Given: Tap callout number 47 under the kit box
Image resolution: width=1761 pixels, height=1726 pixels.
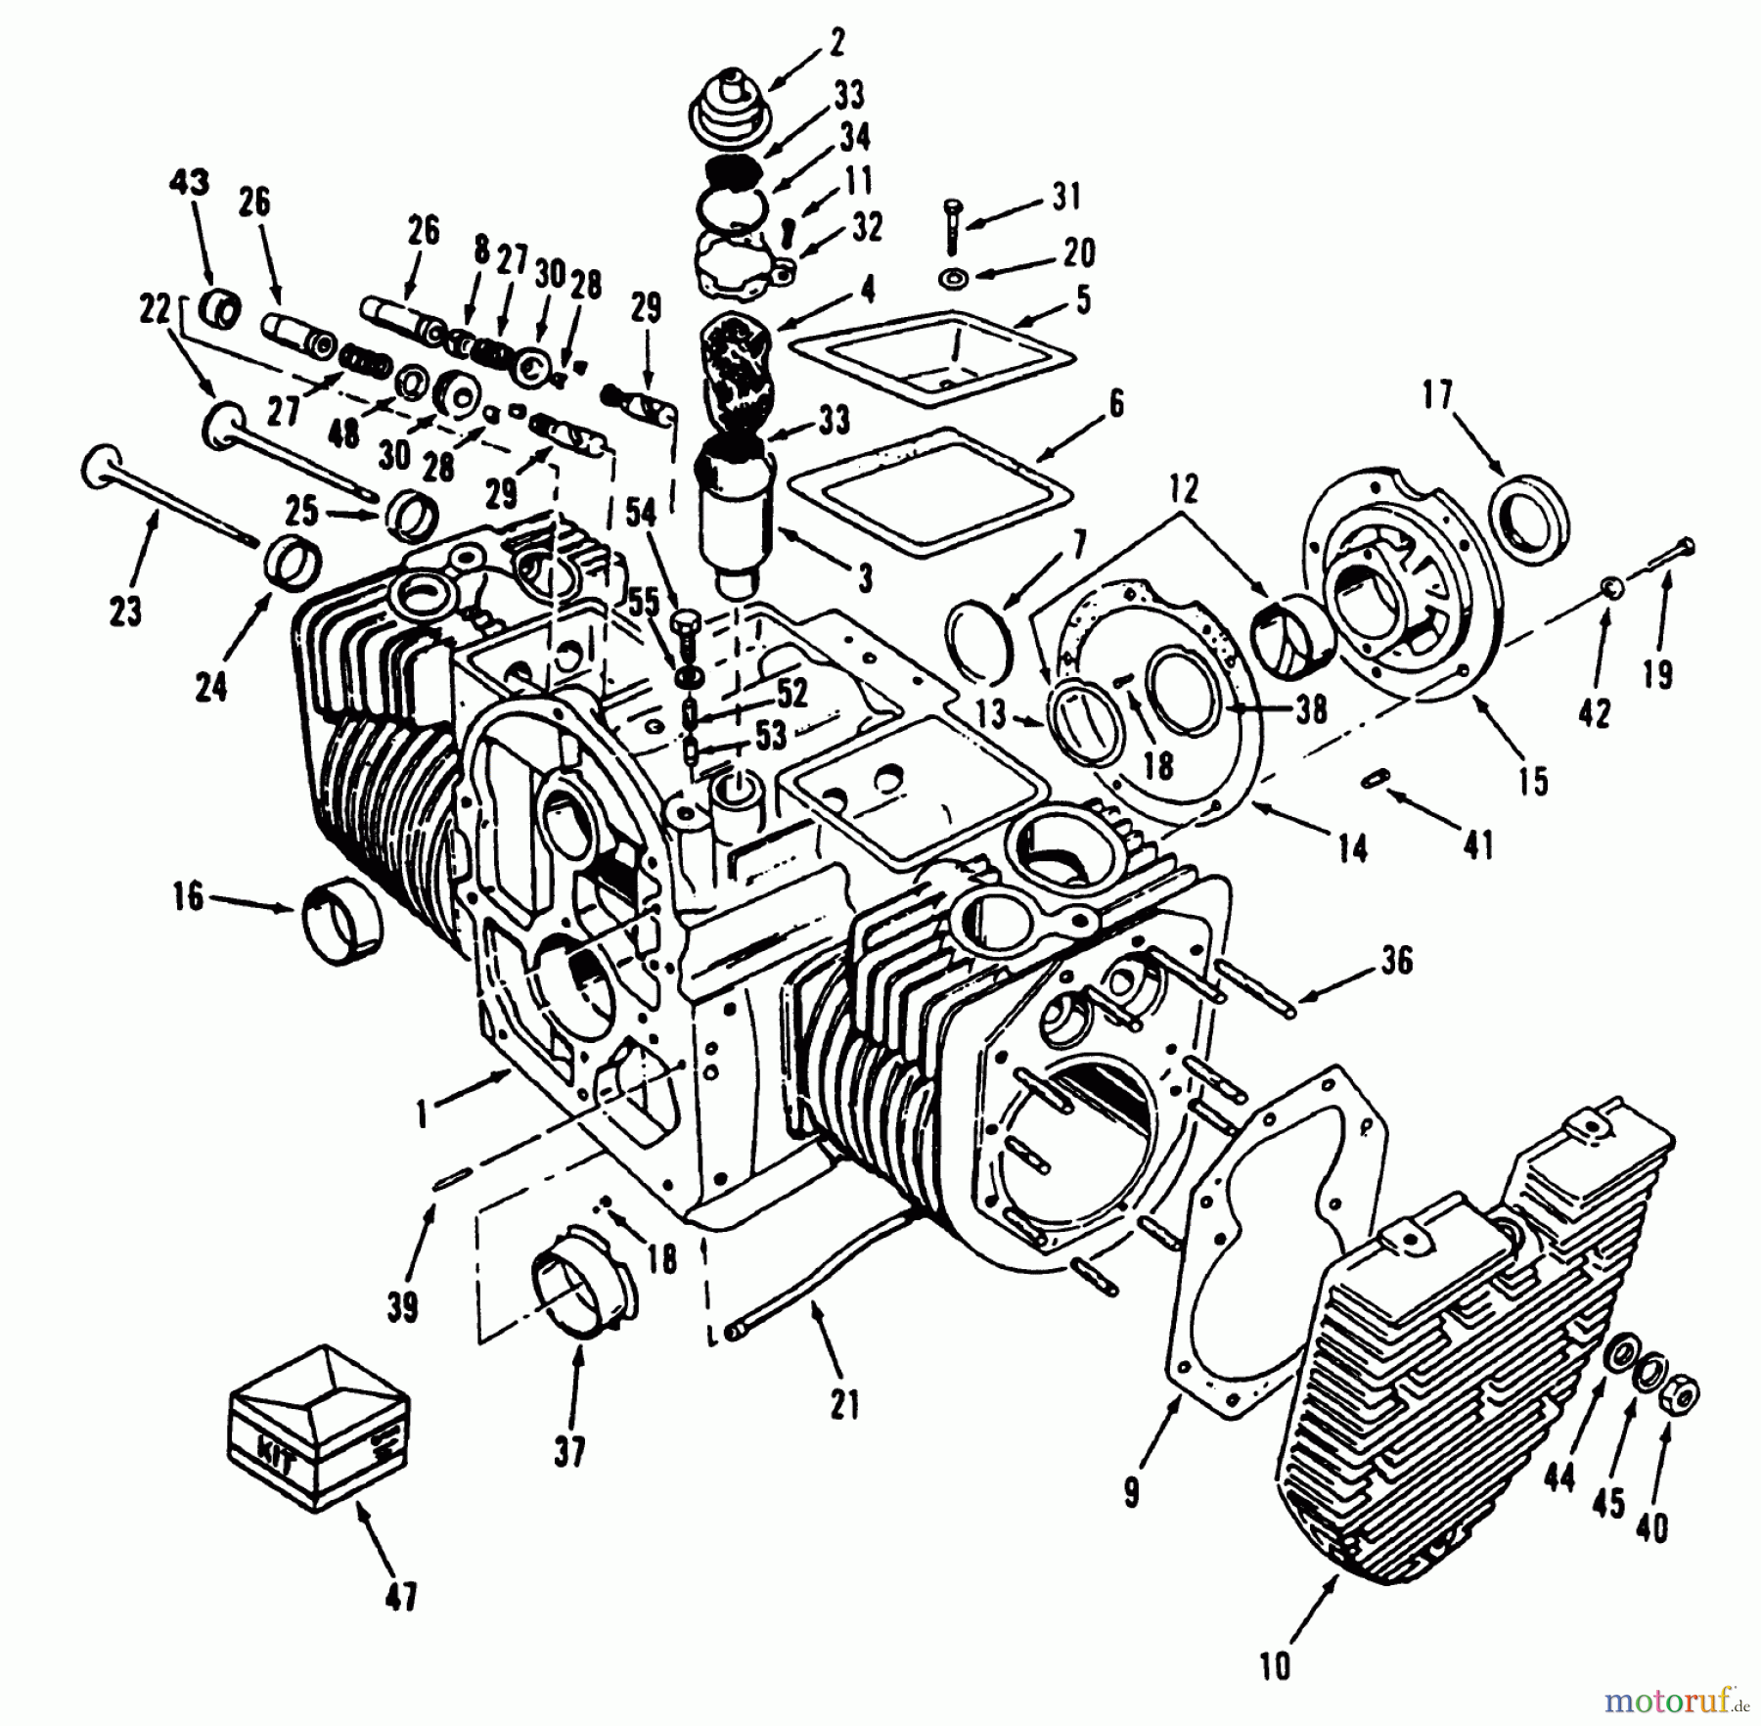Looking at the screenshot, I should point(401,1598).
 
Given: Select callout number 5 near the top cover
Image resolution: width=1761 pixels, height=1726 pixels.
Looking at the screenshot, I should point(1082,299).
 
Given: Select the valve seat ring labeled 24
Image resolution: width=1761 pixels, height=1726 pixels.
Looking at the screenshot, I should point(293,565).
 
